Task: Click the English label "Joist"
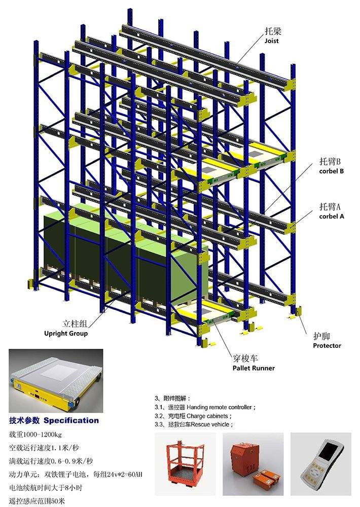271,41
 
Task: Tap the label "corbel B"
331,171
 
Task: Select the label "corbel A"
331,216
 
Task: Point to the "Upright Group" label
66,334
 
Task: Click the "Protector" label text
327,346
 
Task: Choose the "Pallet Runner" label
254,368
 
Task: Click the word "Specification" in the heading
71,421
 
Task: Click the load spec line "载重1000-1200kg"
35,434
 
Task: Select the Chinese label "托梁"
273,31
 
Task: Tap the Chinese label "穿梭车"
245,358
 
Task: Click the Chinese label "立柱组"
75,323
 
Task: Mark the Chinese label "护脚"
321,336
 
